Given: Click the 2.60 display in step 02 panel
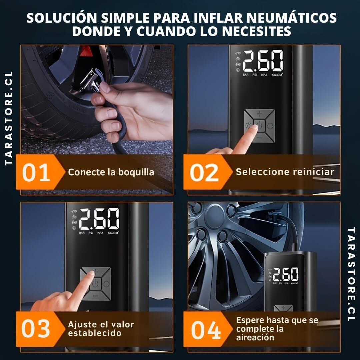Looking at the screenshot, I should point(262,61).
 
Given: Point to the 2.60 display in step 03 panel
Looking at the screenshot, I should point(99,218).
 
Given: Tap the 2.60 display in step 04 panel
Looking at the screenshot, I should point(286,274).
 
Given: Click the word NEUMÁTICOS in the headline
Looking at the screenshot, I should point(293,18).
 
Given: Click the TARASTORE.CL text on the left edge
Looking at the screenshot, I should point(9,118).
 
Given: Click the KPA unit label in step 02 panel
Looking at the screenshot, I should point(264,75).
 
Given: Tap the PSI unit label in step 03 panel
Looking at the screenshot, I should point(91,233).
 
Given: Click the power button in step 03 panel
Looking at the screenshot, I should point(95,284).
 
